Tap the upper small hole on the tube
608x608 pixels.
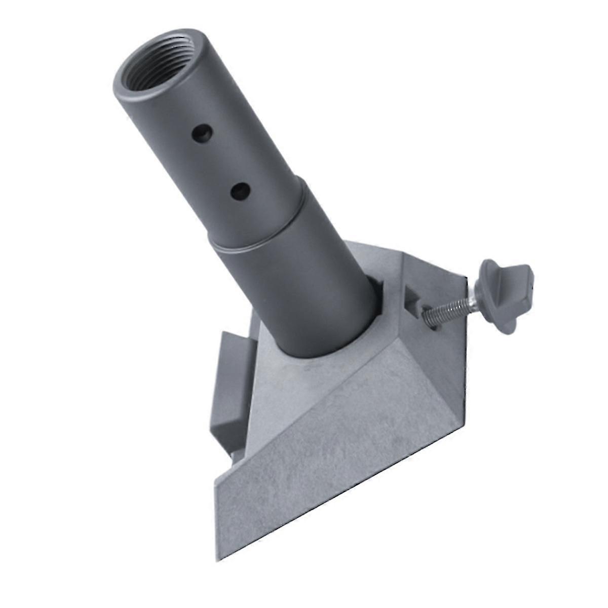(x=201, y=133)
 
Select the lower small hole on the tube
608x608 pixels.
(x=238, y=190)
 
